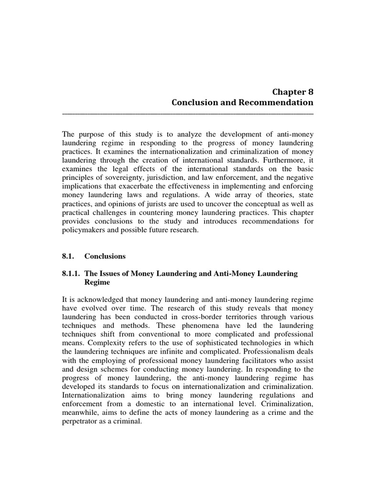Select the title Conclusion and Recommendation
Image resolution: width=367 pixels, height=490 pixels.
(243, 102)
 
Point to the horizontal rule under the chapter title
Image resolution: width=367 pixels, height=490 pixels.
(188, 113)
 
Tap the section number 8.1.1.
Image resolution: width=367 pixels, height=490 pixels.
(72, 273)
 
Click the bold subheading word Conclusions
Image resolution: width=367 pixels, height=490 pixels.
(105, 256)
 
